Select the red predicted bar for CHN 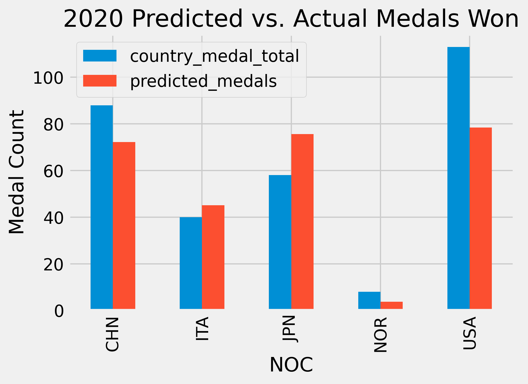(124, 225)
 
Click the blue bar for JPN (280, 242)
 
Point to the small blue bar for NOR (369, 300)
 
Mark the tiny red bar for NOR (391, 305)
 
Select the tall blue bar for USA (458, 178)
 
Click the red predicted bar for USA (480, 218)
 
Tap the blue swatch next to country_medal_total (100, 56)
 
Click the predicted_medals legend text (203, 81)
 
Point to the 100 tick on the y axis (48, 78)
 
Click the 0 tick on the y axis (59, 311)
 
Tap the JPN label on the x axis (291, 329)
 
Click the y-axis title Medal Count (16, 172)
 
